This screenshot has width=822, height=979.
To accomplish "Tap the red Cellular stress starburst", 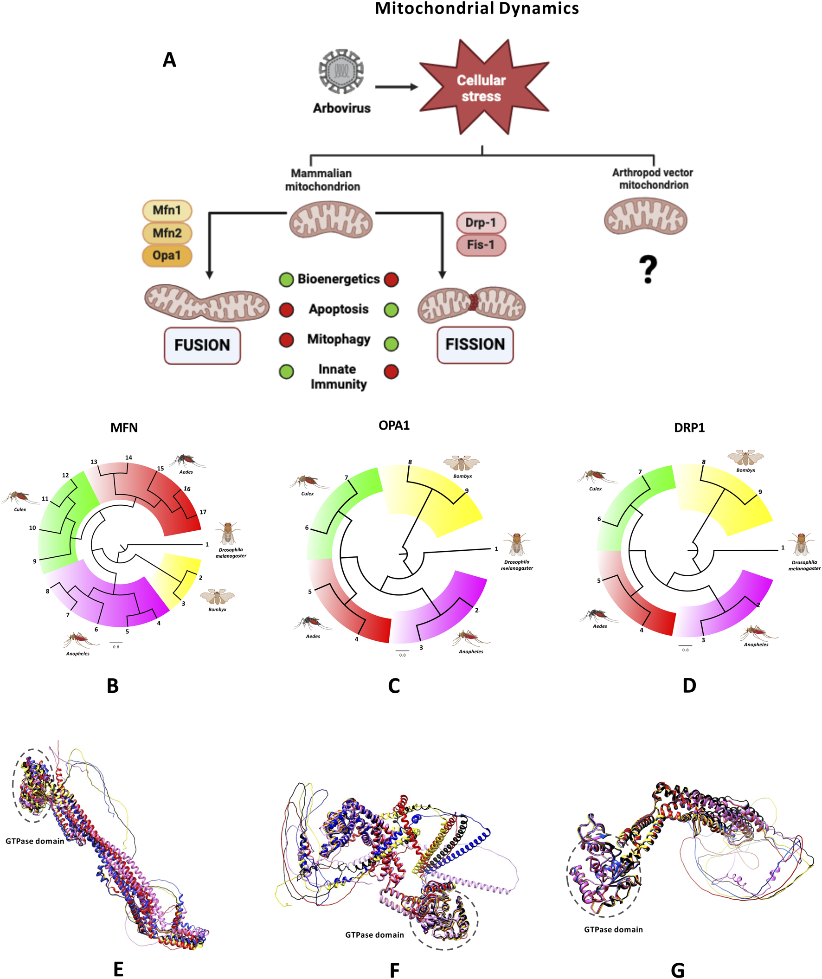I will (482, 88).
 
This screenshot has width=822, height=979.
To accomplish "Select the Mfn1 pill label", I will (167, 210).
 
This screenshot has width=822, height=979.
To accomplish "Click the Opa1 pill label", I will (167, 256).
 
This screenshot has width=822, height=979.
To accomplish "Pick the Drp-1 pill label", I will (481, 222).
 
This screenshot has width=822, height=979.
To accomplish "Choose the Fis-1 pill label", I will (481, 245).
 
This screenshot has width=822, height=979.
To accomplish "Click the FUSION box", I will (202, 345).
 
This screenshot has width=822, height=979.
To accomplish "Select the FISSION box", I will (475, 345).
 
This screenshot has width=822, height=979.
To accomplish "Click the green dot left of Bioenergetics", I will (286, 279).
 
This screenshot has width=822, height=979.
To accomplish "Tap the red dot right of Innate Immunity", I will (392, 372).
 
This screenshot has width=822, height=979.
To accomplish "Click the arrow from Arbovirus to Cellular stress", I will (396, 87).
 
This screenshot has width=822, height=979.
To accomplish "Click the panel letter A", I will (169, 60).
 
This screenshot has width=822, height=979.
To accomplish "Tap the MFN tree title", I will (124, 427).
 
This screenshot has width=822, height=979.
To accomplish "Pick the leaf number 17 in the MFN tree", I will (203, 512).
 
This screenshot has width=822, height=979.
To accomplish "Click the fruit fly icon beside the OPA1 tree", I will (517, 544).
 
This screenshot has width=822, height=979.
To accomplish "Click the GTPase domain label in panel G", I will (613, 929).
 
